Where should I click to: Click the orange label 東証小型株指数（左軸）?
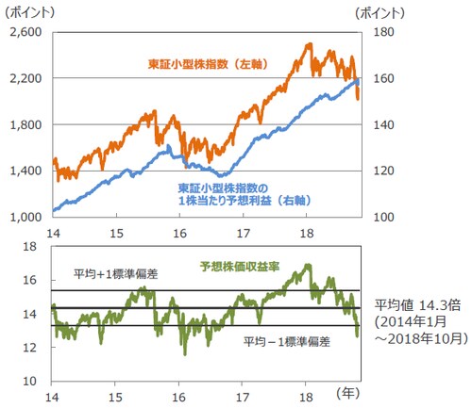205,63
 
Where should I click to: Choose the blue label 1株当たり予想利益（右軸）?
244,201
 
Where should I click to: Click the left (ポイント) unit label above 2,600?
28,12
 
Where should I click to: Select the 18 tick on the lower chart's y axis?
32,247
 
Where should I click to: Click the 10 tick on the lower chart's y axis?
32,381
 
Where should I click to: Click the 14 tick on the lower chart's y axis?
32,314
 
